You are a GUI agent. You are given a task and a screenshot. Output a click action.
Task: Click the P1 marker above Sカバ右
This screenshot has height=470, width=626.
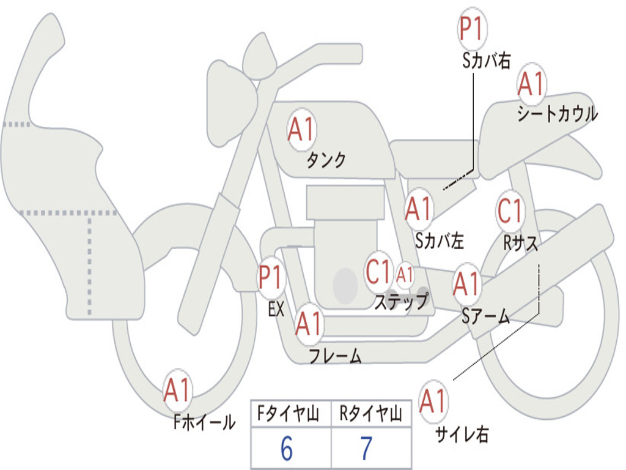(472, 29)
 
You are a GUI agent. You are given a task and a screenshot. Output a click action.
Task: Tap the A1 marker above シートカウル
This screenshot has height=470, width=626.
(531, 84)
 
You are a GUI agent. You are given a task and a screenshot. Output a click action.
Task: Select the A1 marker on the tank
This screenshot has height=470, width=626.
(301, 129)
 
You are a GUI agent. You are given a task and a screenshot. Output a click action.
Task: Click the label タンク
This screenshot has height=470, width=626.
(326, 160)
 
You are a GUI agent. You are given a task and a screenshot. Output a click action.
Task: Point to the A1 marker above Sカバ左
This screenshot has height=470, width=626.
(419, 209)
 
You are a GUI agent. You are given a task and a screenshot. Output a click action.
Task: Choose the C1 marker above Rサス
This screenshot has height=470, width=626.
(510, 211)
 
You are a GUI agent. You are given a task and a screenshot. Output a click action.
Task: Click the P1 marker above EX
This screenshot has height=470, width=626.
(271, 277)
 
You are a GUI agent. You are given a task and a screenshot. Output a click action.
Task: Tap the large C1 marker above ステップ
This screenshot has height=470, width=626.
(378, 272)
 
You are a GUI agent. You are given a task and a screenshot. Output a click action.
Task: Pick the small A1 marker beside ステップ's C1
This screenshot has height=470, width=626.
(405, 275)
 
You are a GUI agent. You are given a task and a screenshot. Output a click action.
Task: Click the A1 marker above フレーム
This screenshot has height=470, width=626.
(309, 324)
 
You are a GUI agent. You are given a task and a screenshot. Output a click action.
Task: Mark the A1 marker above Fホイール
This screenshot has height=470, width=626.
(178, 390)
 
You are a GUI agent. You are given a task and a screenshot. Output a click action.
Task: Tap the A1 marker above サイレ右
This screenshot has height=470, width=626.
(433, 401)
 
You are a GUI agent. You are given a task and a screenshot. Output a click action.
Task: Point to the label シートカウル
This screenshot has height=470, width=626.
(557, 114)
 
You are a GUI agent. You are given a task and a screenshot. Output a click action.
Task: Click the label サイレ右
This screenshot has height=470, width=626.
(462, 435)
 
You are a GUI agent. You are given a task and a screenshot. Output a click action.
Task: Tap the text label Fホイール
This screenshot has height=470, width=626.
(204, 422)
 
